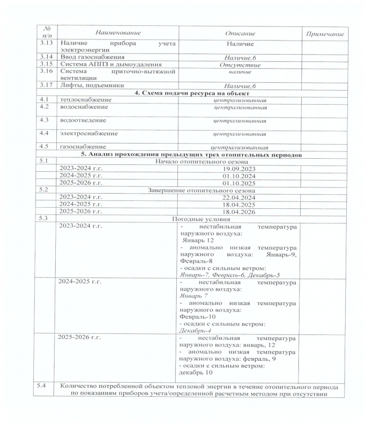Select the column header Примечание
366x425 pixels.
(x=324, y=34)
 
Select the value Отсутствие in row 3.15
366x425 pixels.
(x=239, y=65)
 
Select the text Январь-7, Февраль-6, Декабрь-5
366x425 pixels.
(x=230, y=275)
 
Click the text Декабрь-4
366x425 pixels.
(x=194, y=330)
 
